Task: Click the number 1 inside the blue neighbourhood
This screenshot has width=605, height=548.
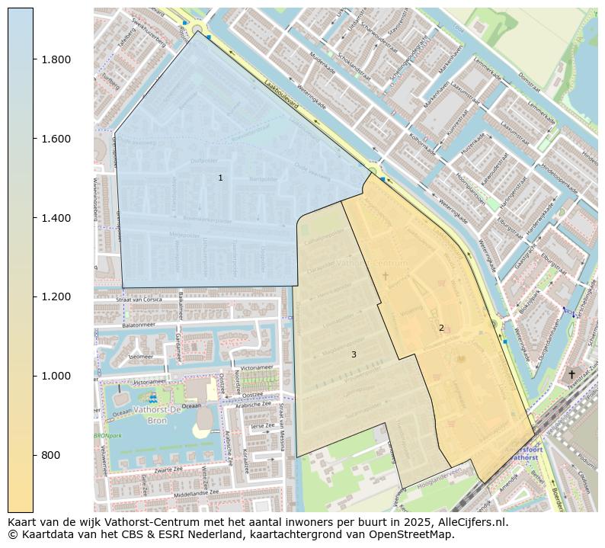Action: [x=220, y=178]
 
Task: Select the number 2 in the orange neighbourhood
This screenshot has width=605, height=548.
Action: [x=440, y=328]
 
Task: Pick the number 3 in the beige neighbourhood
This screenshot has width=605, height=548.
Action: [x=354, y=354]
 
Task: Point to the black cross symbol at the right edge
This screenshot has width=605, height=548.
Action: [x=571, y=374]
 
